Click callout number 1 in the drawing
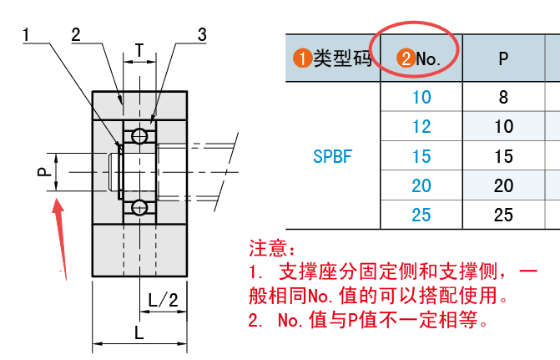[28, 35]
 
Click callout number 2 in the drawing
[76, 35]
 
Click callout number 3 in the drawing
[202, 35]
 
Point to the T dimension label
[139, 50]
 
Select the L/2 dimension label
[162, 300]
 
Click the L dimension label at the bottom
[139, 332]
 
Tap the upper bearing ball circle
[139, 135]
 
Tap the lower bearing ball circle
[139, 207]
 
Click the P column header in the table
[503, 58]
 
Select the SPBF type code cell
[332, 155]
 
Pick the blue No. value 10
[421, 97]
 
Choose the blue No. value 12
[421, 126]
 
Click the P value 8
[503, 97]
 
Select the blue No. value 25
[421, 215]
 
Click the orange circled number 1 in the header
[301, 58]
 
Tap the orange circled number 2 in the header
[405, 58]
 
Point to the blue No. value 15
[421, 156]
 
